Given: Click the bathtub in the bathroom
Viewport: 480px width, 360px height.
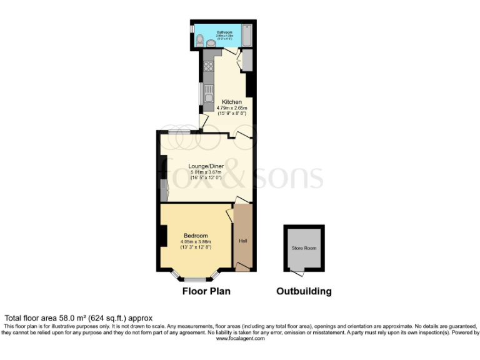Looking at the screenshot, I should tap(247, 36).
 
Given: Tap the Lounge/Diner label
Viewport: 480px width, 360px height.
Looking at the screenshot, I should tap(206, 166).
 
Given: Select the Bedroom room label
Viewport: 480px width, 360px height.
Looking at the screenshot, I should tap(196, 236).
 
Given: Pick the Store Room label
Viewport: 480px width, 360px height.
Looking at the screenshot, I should tap(304, 248).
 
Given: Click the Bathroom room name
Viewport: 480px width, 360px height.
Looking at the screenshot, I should tap(224, 31).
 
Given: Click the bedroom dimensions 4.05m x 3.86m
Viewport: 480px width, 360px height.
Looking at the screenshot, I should tap(196, 242).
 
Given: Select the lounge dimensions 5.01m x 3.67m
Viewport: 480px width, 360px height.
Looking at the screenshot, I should tap(206, 172).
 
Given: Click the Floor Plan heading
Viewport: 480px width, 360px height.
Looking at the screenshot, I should tap(206, 291).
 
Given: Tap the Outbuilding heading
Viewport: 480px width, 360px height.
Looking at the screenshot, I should tap(304, 291).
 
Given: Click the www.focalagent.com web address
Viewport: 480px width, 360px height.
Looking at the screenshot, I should tap(239, 338).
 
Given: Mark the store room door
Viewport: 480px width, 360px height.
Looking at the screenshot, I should tap(296, 272).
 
